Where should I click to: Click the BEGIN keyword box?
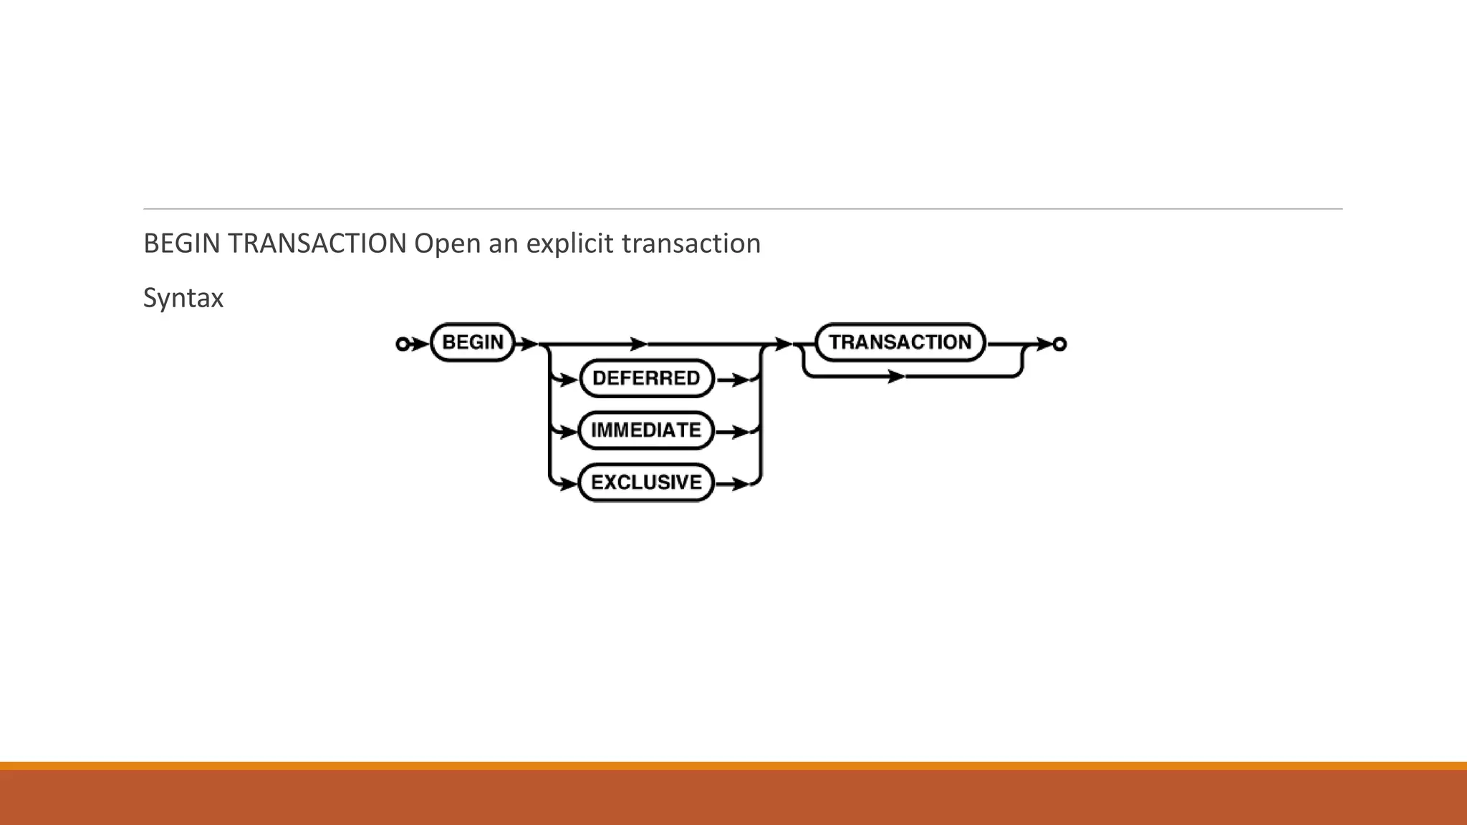473,342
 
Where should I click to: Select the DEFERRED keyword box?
646,378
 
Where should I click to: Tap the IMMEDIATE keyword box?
646,430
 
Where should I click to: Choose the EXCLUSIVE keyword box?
646,483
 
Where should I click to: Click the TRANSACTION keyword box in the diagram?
900,342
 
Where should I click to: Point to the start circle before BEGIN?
403,344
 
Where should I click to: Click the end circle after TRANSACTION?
1059,344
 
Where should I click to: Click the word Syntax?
183,298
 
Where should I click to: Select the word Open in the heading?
447,244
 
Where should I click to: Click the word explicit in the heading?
570,244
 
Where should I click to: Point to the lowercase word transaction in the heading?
691,244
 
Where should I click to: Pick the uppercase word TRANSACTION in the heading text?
317,244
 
